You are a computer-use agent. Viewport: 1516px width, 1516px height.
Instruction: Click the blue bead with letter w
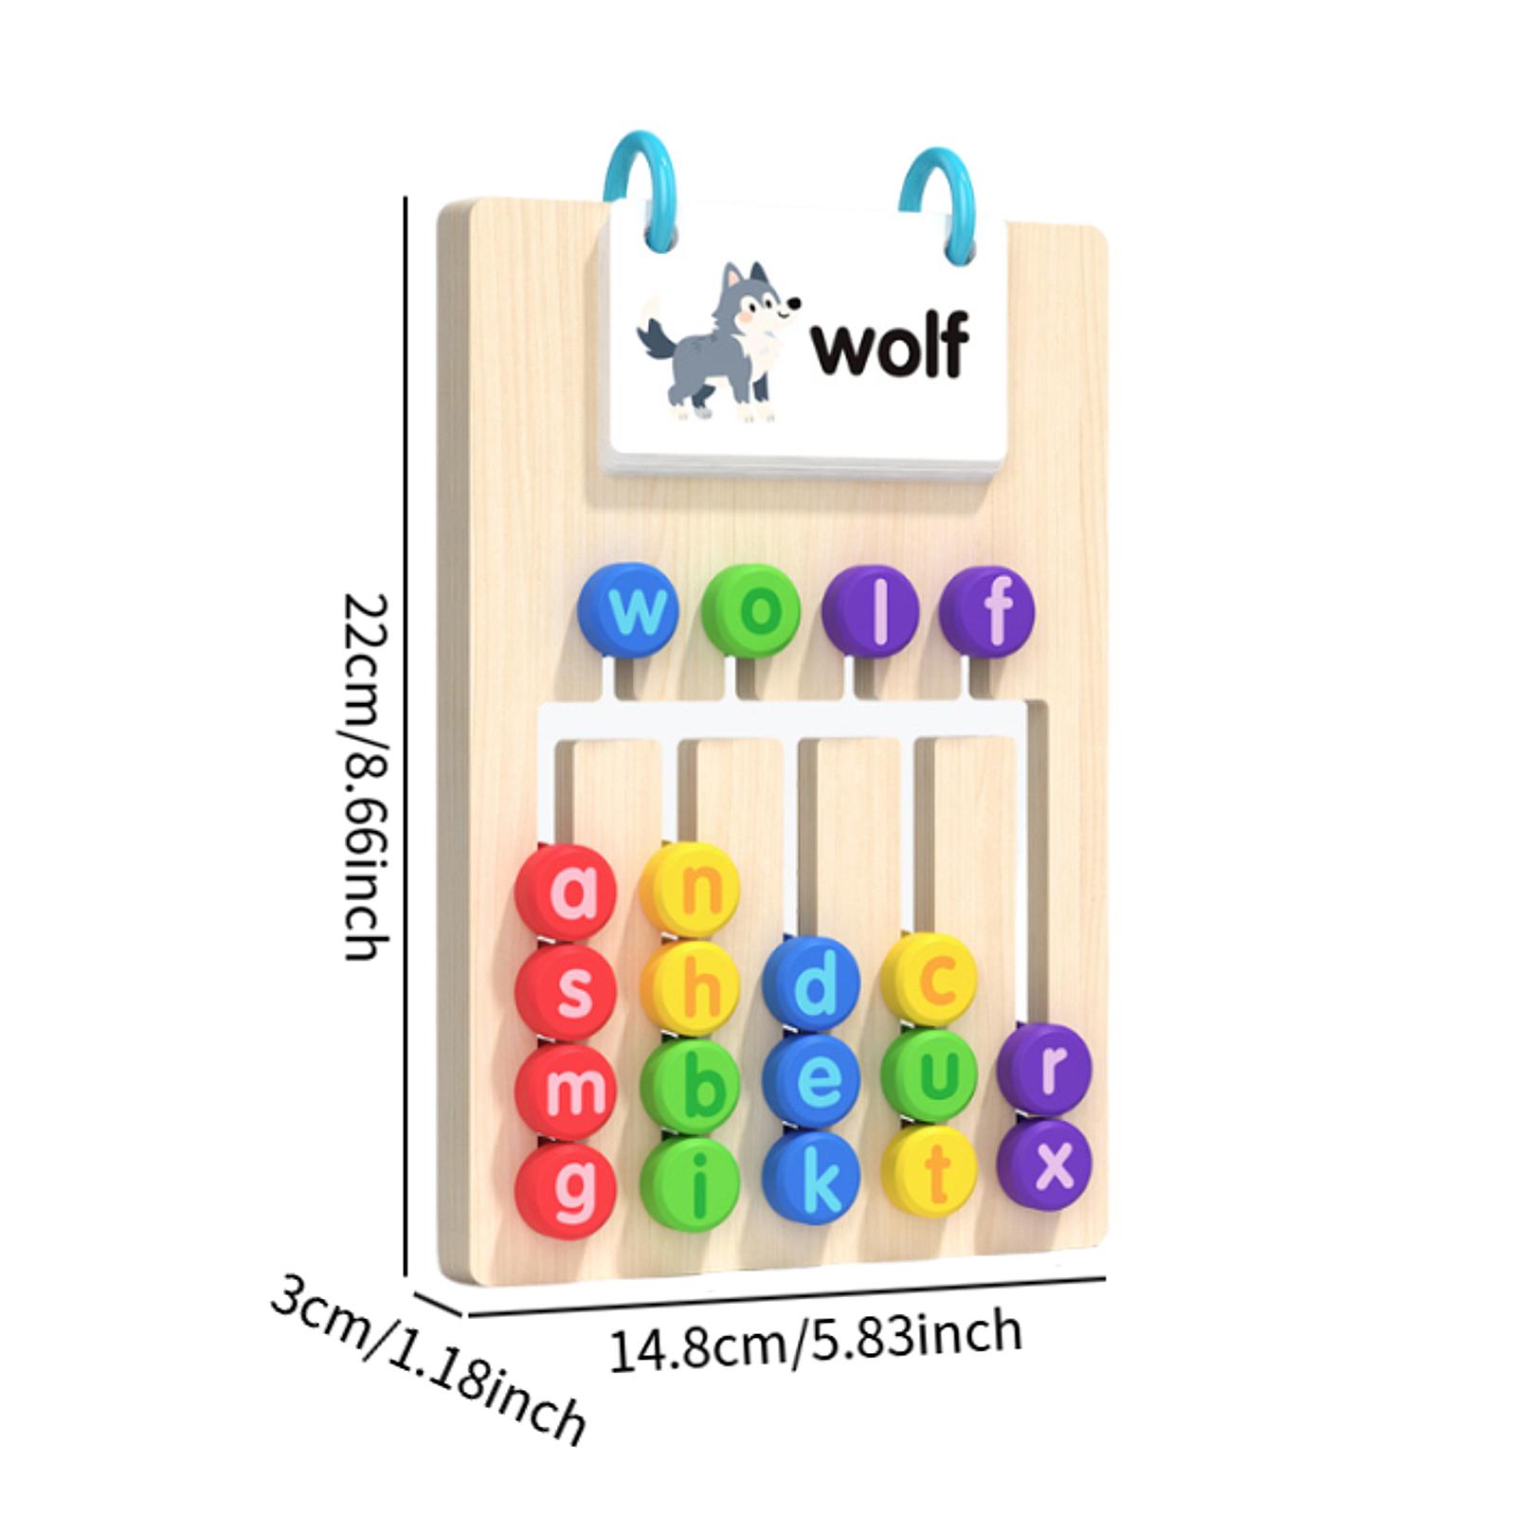[628, 610]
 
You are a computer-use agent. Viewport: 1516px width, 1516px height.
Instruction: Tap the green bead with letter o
[752, 611]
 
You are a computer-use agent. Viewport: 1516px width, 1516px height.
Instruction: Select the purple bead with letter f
[988, 611]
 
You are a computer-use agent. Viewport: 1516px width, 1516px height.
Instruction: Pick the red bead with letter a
[567, 893]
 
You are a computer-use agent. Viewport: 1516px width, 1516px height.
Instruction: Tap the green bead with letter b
[691, 1088]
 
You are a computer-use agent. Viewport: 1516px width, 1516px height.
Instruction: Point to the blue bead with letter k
[812, 1180]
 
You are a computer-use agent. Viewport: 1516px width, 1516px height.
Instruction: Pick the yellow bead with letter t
[929, 1173]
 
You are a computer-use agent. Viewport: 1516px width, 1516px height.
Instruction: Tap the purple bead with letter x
[1045, 1164]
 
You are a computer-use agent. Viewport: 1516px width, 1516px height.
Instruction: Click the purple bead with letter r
[1045, 1069]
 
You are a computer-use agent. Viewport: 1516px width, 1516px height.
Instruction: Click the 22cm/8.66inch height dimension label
[366, 777]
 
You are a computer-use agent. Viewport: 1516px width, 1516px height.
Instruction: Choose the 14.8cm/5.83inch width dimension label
[815, 1340]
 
